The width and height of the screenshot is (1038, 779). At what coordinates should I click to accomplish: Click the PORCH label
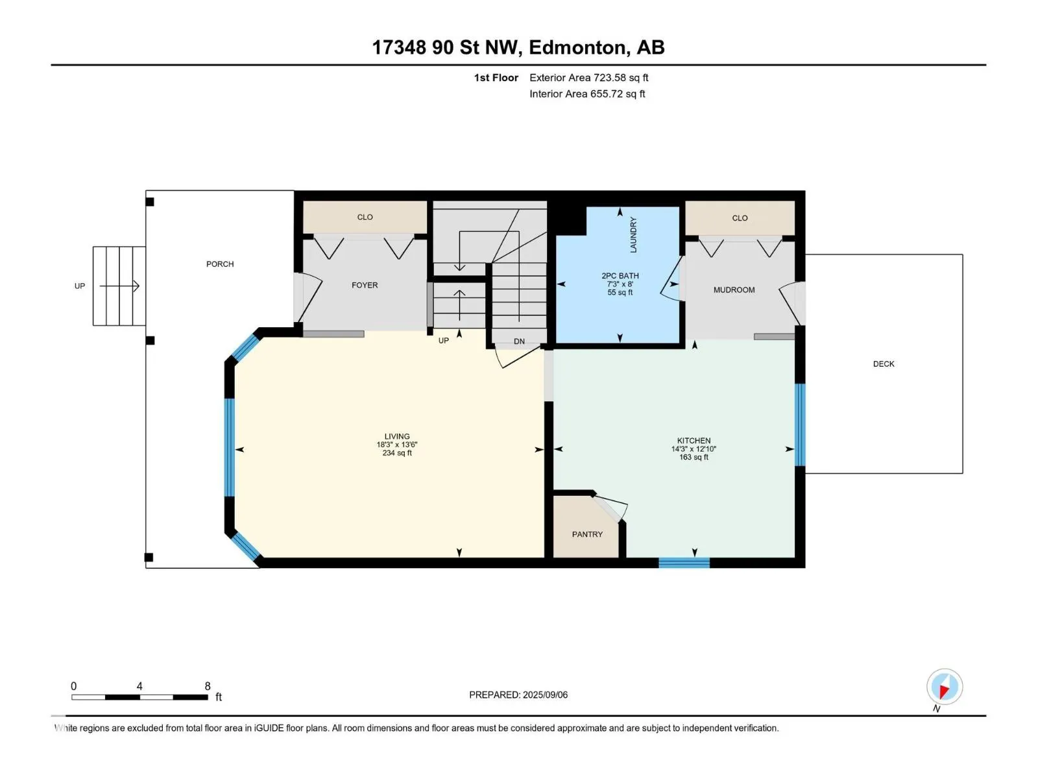coord(220,264)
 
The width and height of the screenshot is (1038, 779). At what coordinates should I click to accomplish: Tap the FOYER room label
coord(365,285)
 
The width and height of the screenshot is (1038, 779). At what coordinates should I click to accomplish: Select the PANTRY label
coord(587,534)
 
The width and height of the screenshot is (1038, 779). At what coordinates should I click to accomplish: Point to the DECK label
coord(884,364)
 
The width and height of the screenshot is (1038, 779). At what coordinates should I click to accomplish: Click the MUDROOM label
coord(734,290)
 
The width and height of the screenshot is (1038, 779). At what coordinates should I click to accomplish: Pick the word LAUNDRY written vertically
coord(634,235)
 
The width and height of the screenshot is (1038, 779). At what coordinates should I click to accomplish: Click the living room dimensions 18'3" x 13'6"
coord(397,445)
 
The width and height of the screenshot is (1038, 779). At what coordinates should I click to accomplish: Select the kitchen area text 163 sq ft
coord(694,458)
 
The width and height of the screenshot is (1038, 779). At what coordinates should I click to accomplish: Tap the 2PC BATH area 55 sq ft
coord(620,293)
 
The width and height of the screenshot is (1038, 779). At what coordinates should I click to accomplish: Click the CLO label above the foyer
coord(365,217)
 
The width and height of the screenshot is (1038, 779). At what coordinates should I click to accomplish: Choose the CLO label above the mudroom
coord(740,218)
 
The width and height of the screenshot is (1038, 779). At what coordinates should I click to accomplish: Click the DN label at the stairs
coord(519,341)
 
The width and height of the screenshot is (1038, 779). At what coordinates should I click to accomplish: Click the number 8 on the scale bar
coord(207,686)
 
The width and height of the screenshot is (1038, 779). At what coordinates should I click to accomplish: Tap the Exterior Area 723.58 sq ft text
coord(589,77)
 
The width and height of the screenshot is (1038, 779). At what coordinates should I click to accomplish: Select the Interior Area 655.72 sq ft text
coord(587,93)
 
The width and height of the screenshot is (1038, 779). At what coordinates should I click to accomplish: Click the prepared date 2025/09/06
coord(545,695)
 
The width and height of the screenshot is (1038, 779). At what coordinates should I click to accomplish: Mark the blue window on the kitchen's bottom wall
coord(684,563)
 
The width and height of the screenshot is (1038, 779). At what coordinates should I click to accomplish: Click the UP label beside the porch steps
coord(79,286)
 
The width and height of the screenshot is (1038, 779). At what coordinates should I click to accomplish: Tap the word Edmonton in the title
coord(579,47)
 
